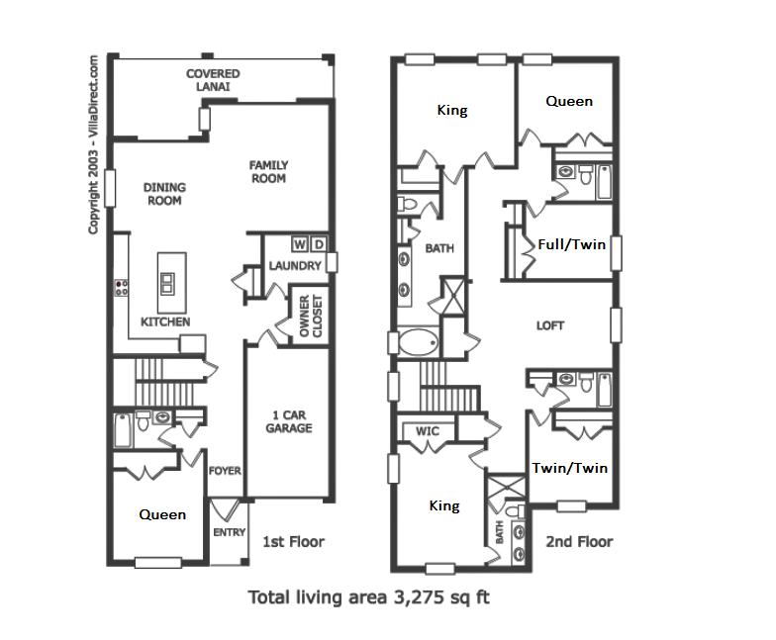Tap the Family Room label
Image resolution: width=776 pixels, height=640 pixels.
(267, 172)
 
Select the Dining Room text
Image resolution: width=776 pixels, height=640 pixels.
(164, 194)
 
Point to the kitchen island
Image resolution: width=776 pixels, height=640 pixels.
(171, 281)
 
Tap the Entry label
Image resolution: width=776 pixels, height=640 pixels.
(229, 533)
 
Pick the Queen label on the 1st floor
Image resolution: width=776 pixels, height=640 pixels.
(162, 514)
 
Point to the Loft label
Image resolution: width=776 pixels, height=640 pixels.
(550, 325)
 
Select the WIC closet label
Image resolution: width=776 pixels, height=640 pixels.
(427, 430)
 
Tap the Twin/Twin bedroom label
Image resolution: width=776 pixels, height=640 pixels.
(570, 468)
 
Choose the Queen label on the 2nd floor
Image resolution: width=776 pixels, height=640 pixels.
(570, 101)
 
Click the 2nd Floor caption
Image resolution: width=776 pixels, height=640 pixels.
(579, 541)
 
